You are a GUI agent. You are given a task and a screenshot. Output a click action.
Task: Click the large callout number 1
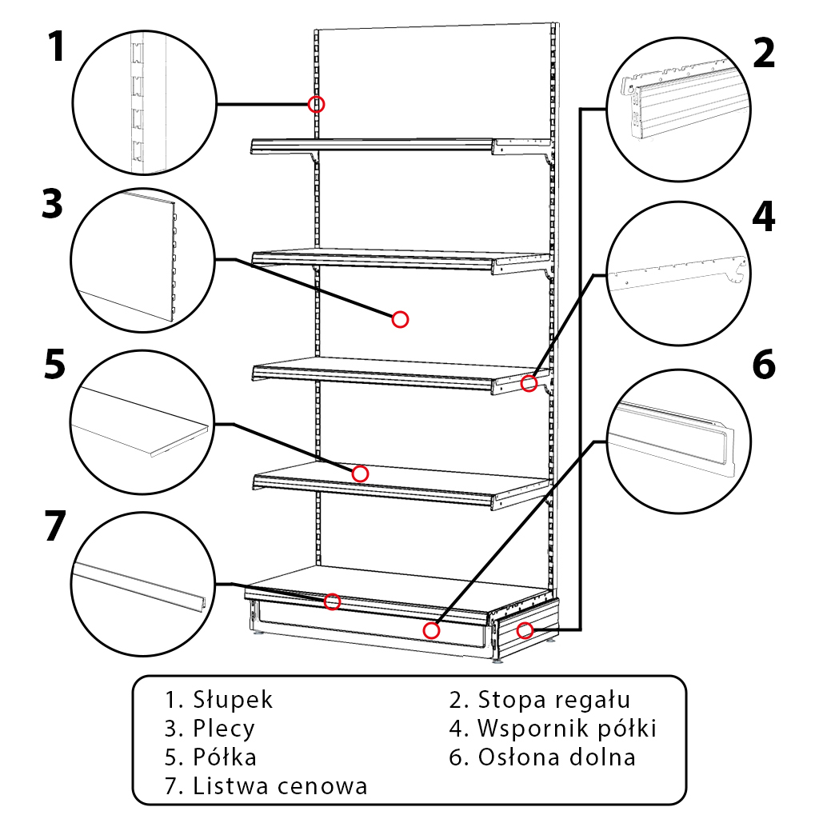point(54,47)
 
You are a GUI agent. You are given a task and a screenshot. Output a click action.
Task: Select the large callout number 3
point(52,205)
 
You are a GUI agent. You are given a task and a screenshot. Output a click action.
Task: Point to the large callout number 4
point(764,217)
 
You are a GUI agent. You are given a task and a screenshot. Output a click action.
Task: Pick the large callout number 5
point(54,365)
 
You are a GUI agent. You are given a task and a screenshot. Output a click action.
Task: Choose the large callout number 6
point(764,365)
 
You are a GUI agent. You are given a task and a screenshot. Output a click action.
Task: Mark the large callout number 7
point(54,527)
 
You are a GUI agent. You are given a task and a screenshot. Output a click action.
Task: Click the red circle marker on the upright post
point(317,104)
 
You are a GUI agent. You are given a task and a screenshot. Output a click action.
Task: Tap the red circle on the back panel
point(401,319)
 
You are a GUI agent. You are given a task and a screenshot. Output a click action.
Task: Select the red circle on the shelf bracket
point(529,384)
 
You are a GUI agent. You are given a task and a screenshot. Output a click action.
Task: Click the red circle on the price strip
point(333,601)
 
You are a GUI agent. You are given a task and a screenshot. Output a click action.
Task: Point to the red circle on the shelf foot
point(525,630)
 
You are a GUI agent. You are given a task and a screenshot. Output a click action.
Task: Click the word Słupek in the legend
point(233,700)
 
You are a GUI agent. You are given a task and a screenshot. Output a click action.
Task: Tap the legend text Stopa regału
point(554,700)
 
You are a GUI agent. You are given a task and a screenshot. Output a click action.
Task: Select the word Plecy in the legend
point(224,729)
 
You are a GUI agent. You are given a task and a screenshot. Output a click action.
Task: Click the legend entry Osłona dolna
point(557,757)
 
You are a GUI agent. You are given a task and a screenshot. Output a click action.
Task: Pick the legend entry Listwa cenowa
point(280,785)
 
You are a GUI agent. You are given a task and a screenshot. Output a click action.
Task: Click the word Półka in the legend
point(225,757)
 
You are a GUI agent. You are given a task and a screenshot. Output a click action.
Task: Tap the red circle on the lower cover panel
point(432,630)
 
